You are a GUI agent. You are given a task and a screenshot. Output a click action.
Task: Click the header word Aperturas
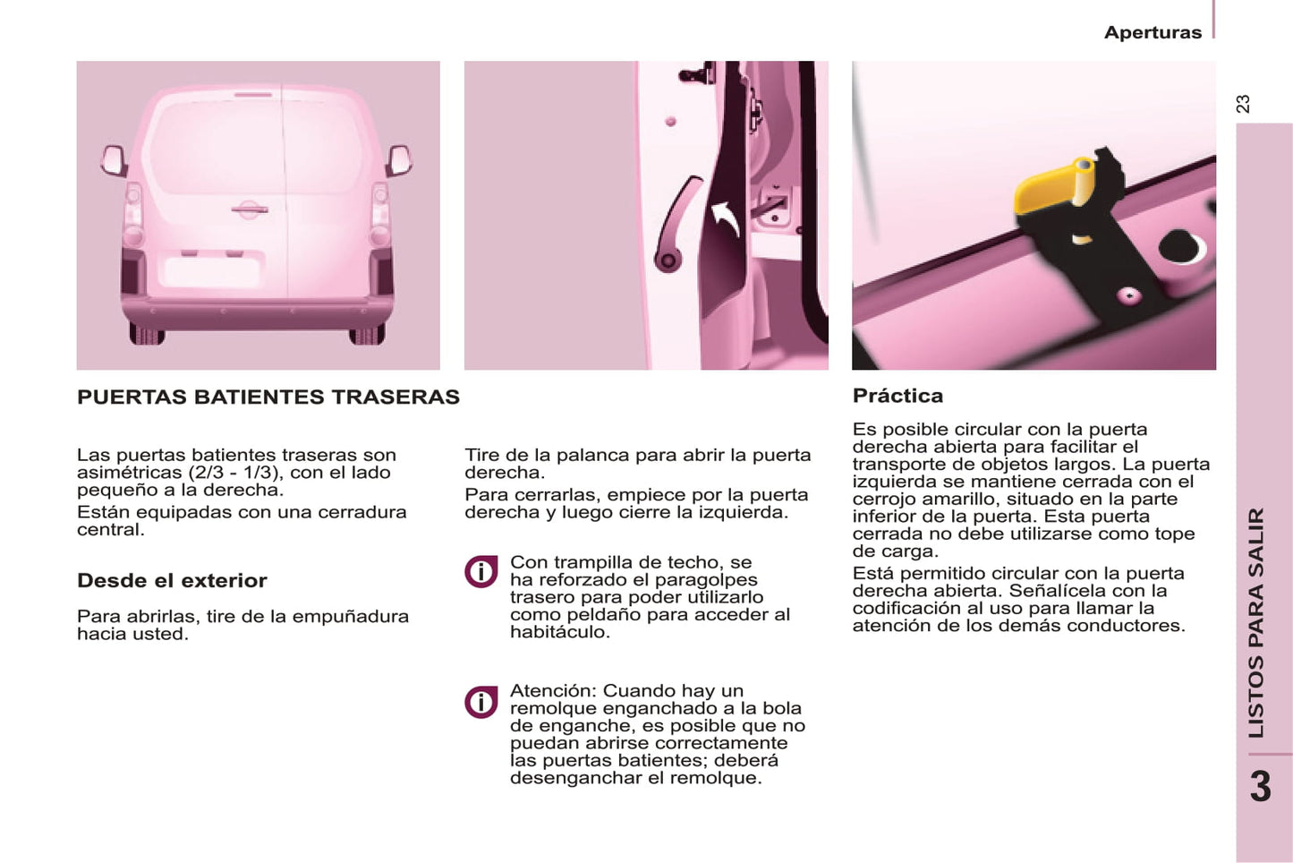point(1153,32)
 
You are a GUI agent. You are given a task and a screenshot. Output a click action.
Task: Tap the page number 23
point(1244,104)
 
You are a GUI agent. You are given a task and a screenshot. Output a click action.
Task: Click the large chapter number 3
point(1261,787)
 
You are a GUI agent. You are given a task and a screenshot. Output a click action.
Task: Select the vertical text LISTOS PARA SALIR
point(1256,623)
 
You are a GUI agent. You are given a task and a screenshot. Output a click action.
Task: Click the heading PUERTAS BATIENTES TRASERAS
point(268,397)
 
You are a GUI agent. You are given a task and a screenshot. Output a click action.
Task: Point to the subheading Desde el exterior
point(172,580)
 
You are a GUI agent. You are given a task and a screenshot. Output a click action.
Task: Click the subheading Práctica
point(897,396)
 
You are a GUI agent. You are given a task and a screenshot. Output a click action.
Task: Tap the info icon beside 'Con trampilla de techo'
point(481,572)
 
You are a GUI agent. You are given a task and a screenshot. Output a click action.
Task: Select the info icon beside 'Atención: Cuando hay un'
point(481,703)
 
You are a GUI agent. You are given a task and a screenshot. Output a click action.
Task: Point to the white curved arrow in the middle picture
point(726,218)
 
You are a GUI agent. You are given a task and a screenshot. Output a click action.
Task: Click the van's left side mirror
point(114,160)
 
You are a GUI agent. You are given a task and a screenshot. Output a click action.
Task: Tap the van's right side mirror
point(399,160)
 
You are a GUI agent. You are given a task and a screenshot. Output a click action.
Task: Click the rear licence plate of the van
point(212,272)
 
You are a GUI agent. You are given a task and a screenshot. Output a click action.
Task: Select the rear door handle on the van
point(250,209)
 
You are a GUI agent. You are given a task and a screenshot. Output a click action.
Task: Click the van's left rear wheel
point(147,334)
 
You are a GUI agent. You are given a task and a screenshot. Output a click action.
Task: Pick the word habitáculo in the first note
point(560,632)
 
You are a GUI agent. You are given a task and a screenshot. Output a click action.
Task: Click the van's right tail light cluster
point(379,214)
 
